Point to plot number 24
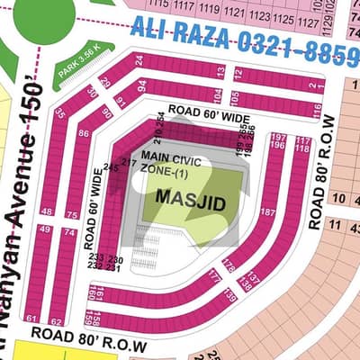click(139, 60)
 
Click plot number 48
click(46, 211)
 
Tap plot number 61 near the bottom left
click(31, 319)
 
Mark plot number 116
click(317, 109)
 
